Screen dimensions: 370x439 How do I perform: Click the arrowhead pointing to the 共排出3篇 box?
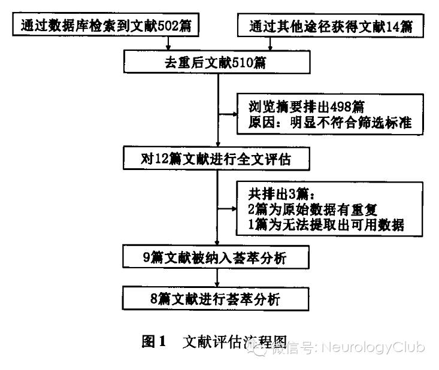click(233, 209)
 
